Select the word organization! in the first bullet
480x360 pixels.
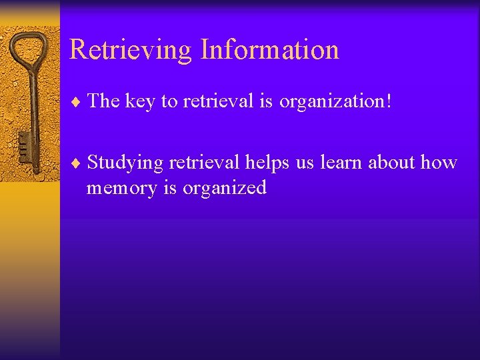(335, 101)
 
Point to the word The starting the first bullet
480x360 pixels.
(103, 101)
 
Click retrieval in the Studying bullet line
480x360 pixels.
(205, 162)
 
